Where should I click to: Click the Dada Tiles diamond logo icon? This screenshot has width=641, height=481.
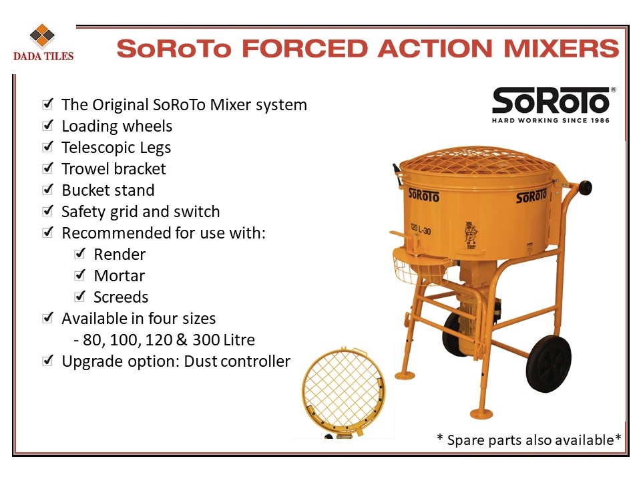[42, 36]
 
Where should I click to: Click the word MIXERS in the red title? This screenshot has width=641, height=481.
[562, 49]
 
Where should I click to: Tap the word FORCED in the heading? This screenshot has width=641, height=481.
[305, 49]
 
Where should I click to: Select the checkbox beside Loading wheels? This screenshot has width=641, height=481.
[48, 125]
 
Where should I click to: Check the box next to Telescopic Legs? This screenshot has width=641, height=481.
[48, 146]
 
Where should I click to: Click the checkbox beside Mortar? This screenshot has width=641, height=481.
[80, 275]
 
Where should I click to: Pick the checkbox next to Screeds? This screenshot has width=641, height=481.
[80, 296]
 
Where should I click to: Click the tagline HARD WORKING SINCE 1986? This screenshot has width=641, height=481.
[551, 120]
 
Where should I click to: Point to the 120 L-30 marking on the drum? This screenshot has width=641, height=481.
[420, 229]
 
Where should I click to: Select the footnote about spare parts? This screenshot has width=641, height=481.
[529, 440]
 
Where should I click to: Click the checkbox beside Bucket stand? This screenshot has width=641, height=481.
[48, 189]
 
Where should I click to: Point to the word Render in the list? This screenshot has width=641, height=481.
[120, 255]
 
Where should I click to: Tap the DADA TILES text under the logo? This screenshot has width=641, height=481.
[43, 56]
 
